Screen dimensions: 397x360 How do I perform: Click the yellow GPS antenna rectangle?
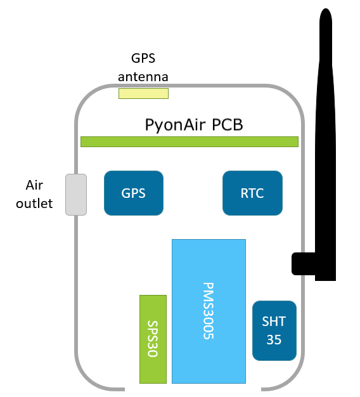(x=143, y=94)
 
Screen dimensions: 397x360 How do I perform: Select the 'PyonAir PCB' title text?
(x=194, y=124)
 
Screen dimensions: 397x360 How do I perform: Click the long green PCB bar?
(x=190, y=141)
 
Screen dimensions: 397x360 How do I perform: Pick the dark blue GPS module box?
(x=134, y=193)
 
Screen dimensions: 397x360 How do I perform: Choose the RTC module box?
(x=252, y=193)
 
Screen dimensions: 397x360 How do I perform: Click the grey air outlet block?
(x=76, y=194)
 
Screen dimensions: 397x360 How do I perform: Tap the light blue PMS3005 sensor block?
(x=209, y=311)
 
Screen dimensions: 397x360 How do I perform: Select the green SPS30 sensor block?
(x=153, y=339)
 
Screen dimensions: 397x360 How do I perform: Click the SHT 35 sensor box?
(x=274, y=330)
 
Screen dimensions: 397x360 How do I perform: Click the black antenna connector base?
(x=304, y=263)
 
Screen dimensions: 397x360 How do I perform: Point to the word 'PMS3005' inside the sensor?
(x=209, y=311)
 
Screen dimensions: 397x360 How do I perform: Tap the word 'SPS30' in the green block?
(x=153, y=339)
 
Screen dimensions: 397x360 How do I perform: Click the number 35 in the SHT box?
(x=274, y=340)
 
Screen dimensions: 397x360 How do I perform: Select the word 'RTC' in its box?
(x=252, y=193)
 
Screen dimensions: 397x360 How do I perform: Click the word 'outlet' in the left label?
(x=35, y=204)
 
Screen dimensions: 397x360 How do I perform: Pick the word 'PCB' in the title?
(x=226, y=124)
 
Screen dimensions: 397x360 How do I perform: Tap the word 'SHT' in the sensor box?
(x=274, y=322)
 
